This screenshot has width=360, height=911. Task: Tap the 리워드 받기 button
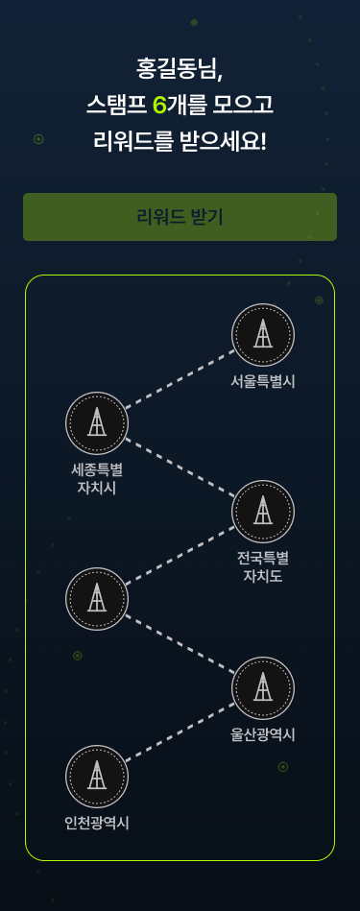pyautogui.click(x=180, y=217)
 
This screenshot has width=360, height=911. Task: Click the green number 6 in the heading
pyautogui.click(x=159, y=106)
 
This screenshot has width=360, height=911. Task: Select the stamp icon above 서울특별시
pyautogui.click(x=263, y=335)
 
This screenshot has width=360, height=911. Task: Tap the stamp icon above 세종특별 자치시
pyautogui.click(x=96, y=423)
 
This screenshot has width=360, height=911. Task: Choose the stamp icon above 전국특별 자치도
pyautogui.click(x=263, y=512)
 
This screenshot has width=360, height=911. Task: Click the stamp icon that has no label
pyautogui.click(x=96, y=599)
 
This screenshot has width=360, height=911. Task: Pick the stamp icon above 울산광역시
pyautogui.click(x=263, y=688)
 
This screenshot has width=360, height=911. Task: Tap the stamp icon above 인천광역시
pyautogui.click(x=96, y=777)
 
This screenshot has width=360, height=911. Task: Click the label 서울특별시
pyautogui.click(x=263, y=382)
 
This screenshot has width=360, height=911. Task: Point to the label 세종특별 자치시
pyautogui.click(x=96, y=479)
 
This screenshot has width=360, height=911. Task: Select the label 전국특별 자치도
pyautogui.click(x=263, y=567)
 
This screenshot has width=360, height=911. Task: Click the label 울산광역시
pyautogui.click(x=263, y=735)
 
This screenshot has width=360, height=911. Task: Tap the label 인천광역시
pyautogui.click(x=96, y=824)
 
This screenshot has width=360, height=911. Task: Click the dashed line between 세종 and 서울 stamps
pyautogui.click(x=180, y=379)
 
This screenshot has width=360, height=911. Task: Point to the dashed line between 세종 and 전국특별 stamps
pyautogui.click(x=180, y=467)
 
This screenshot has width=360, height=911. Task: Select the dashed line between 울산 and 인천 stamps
pyautogui.click(x=180, y=732)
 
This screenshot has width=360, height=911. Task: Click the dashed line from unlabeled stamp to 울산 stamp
pyautogui.click(x=180, y=644)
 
